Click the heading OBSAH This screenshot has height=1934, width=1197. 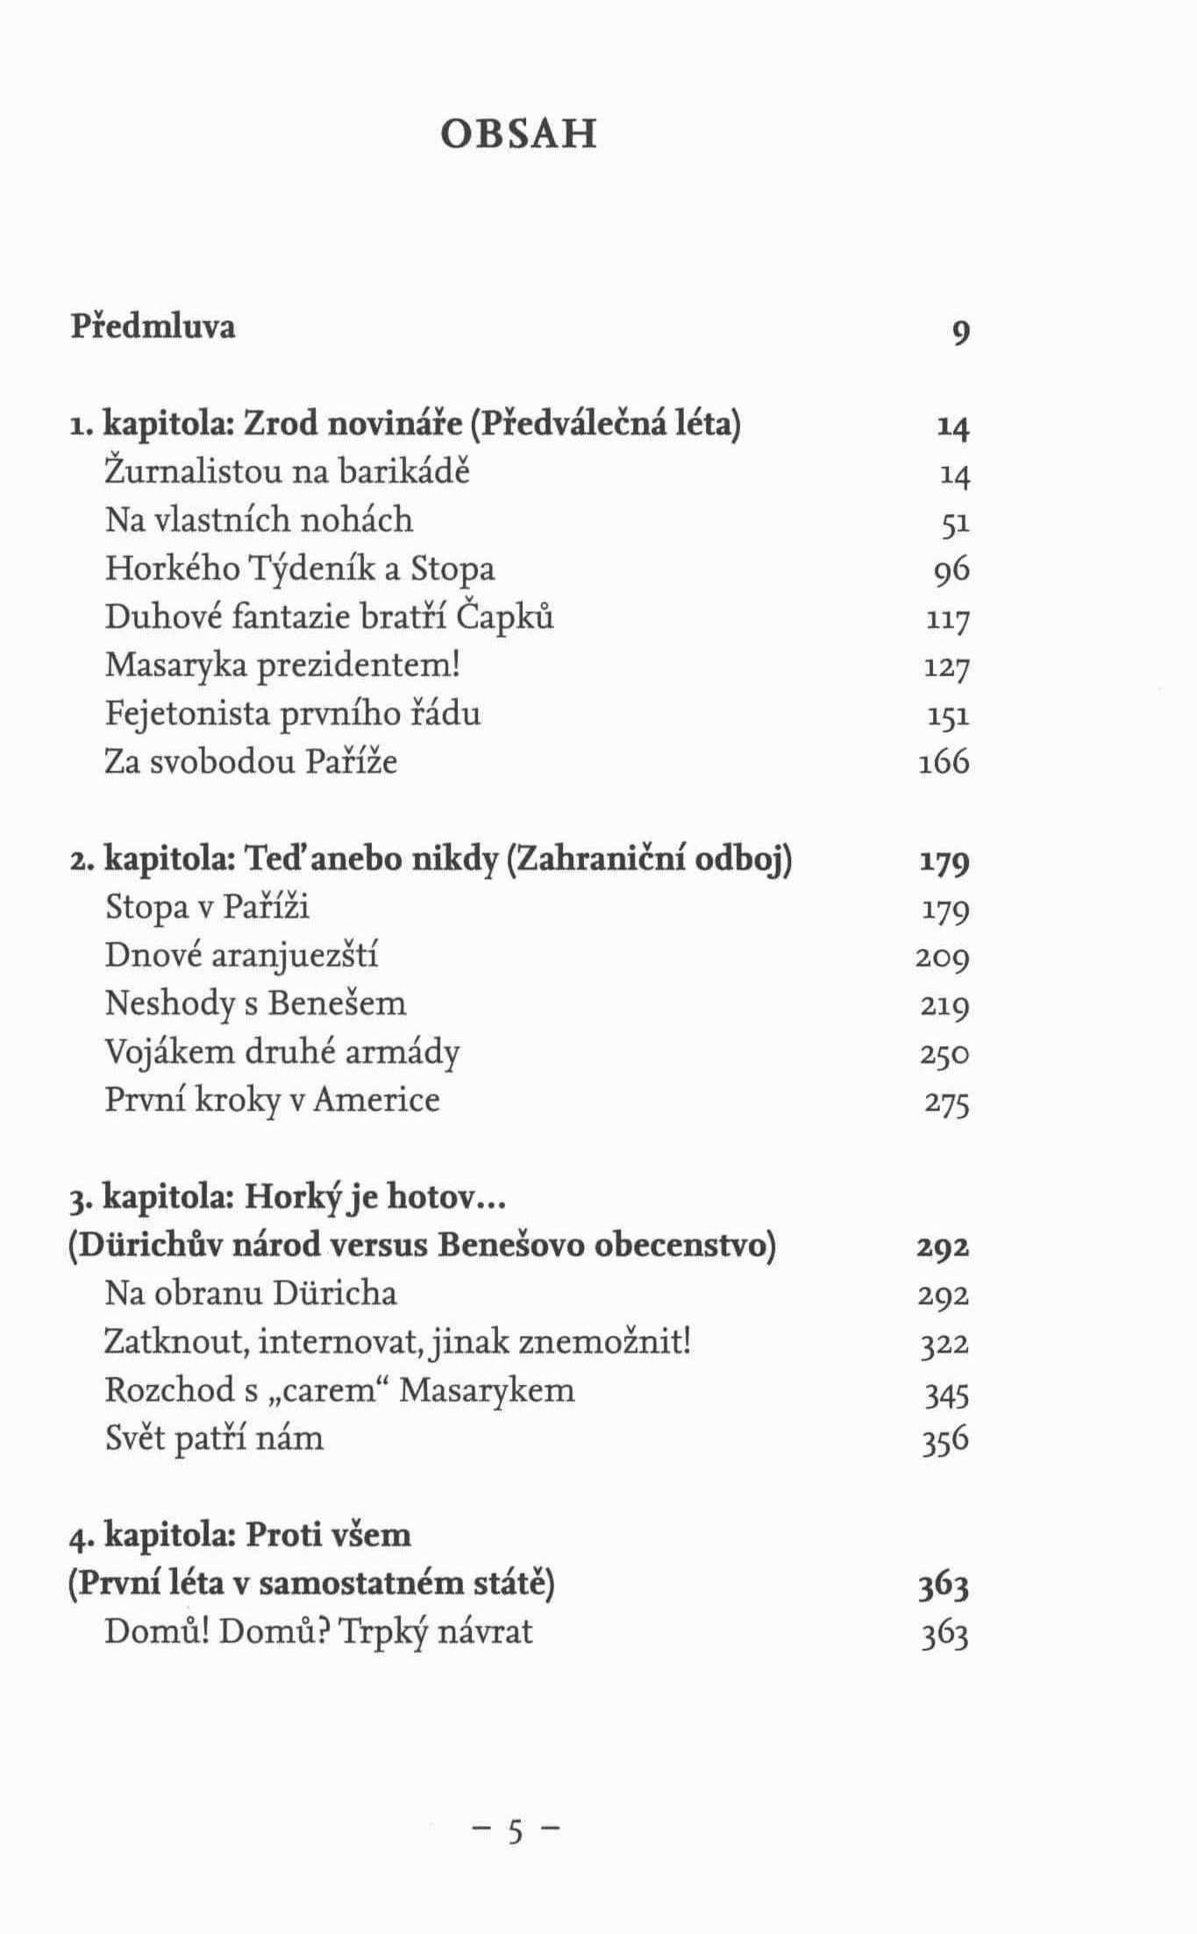[x=518, y=134]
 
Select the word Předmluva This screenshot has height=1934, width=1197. [x=153, y=327]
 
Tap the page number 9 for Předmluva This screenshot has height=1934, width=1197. [x=960, y=332]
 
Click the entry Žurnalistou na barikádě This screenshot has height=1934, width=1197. [x=288, y=472]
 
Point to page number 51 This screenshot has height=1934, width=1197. [x=955, y=524]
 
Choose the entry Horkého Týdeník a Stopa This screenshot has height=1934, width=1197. [x=300, y=568]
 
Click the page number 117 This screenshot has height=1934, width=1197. [x=948, y=620]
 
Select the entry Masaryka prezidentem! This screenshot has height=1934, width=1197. [x=283, y=665]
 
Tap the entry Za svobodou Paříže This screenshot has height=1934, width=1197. [x=251, y=761]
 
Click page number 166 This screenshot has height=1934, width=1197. [x=944, y=762]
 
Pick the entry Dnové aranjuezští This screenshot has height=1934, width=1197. [x=241, y=954]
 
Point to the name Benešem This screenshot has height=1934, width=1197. [x=337, y=1003]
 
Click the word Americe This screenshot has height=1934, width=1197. [x=376, y=1099]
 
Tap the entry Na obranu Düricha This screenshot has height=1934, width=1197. [x=251, y=1293]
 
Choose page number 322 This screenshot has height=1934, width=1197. [x=944, y=1344]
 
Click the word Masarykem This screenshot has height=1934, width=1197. [x=487, y=1390]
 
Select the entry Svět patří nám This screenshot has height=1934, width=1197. [x=214, y=1438]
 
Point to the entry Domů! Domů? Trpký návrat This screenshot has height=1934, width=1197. [x=318, y=1631]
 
